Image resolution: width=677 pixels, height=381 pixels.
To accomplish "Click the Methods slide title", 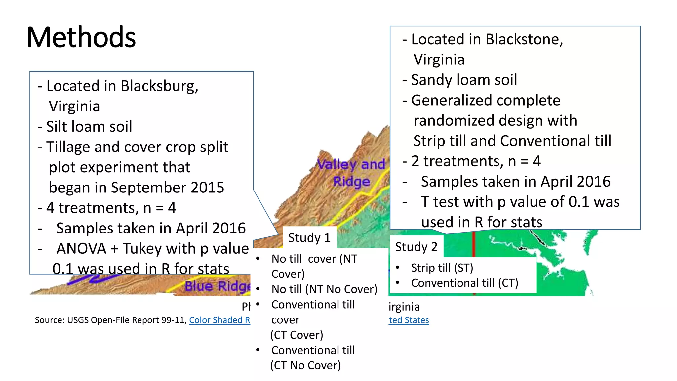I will point(81,37).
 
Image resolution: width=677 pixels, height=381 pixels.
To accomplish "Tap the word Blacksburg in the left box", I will point(159,86).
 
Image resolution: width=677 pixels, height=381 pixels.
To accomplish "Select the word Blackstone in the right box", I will point(524,40).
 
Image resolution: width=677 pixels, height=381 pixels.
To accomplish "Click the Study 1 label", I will point(309,238).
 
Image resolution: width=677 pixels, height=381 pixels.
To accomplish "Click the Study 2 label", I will point(416,247).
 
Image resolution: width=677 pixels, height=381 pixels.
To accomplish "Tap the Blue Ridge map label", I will point(217,286).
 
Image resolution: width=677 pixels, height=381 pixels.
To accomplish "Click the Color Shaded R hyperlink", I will point(219,320).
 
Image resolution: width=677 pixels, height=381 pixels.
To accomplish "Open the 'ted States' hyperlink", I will point(409,320).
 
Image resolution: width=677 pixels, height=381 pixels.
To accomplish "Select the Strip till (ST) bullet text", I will point(442,268).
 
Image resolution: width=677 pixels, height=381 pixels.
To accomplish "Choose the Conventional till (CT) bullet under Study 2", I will point(464,283).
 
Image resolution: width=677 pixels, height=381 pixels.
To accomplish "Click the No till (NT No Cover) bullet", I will point(324,289).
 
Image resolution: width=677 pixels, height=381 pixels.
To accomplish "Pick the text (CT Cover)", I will point(297,335).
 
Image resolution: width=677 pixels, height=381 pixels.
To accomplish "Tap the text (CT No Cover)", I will point(305,365).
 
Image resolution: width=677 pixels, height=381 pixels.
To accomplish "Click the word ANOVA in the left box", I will point(81,249).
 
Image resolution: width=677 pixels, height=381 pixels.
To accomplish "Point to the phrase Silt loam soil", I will point(89,127).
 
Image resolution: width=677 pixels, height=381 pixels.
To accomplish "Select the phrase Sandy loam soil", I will point(464,80).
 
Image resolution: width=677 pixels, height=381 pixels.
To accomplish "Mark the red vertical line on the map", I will point(474,245).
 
